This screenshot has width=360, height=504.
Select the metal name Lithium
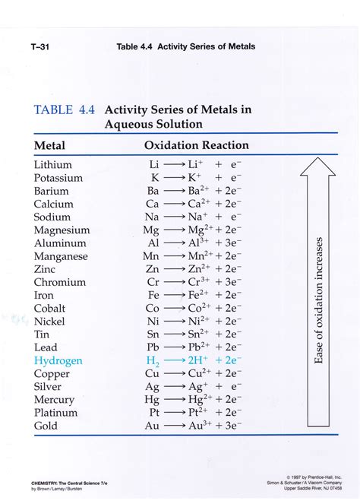pyautogui.click(x=53, y=165)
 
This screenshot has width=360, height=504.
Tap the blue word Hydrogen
pyautogui.click(x=58, y=361)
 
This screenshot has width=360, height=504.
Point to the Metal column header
pyautogui.click(x=50, y=145)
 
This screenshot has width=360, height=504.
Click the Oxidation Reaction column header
pyautogui.click(x=197, y=145)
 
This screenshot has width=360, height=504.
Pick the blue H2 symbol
pyautogui.click(x=153, y=362)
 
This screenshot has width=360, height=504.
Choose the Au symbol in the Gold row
pyautogui.click(x=153, y=426)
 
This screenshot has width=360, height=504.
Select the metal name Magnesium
pyautogui.click(x=62, y=230)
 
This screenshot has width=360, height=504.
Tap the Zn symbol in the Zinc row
pyautogui.click(x=153, y=270)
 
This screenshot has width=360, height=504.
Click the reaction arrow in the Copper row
pyautogui.click(x=173, y=374)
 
